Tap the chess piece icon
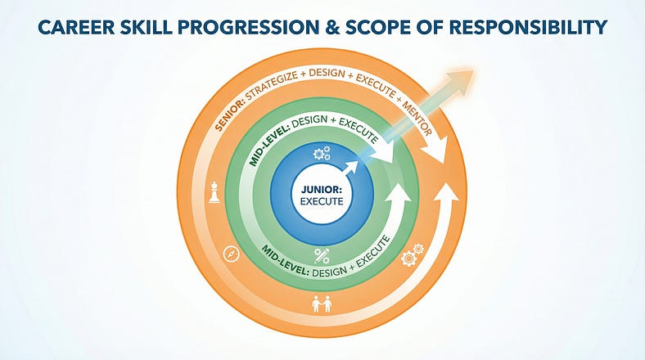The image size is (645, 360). click(214, 193)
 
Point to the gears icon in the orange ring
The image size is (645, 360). click(412, 257)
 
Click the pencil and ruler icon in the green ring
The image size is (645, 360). click(322, 254)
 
